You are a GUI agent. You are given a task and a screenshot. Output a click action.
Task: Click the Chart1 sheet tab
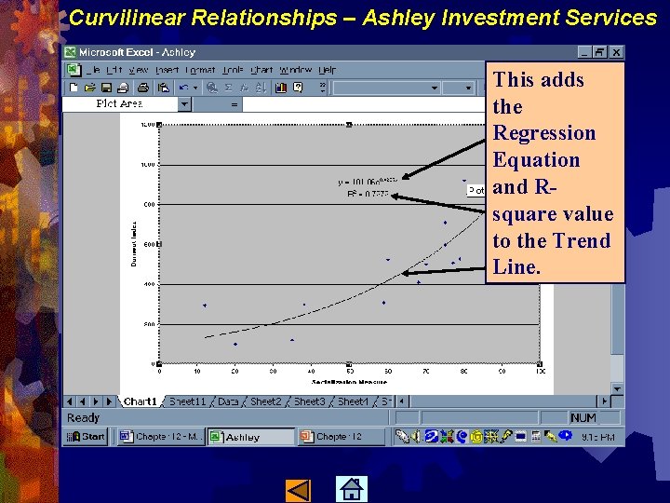141,401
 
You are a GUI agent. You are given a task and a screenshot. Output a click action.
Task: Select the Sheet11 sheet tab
187,401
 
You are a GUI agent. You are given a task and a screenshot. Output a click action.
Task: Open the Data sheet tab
228,401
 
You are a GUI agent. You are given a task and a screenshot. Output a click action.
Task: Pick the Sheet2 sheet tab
265,401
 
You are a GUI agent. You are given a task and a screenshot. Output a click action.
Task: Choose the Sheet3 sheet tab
309,401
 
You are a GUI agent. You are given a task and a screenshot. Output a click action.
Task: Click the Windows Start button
87,436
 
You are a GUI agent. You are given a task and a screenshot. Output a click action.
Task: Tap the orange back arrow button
298,489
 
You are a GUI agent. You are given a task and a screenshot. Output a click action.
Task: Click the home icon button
351,489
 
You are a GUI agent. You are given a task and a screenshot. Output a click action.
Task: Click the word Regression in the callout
543,133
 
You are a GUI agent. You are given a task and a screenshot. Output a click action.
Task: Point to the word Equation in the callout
536,160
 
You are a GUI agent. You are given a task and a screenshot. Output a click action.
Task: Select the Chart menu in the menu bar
262,70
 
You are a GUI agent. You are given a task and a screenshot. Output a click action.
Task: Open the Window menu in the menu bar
295,70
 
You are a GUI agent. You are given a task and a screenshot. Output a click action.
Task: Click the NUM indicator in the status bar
583,418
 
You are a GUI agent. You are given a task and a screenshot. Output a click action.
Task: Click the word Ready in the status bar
83,418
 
